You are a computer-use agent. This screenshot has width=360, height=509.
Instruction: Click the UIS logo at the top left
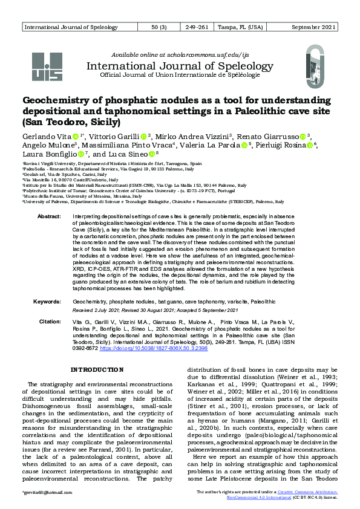coord(47,66)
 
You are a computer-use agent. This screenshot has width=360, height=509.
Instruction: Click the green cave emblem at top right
coord(316,66)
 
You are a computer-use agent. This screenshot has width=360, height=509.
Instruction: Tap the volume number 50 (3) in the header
coord(160,28)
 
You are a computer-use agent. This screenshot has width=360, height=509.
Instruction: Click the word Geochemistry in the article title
coord(59,100)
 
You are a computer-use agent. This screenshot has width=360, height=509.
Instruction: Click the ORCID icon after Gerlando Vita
coord(76,137)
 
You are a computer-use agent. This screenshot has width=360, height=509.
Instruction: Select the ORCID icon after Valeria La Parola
coord(244,146)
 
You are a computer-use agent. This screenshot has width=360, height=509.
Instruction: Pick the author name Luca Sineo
coord(129,155)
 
